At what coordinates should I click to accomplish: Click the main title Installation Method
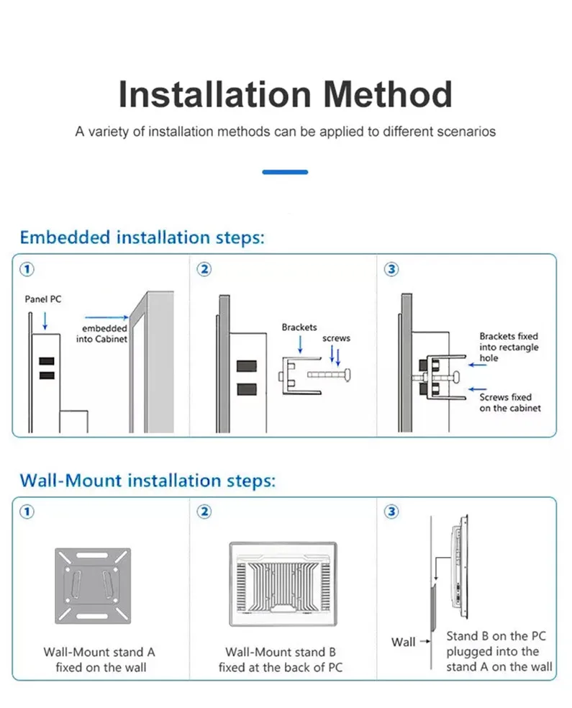pos(286,94)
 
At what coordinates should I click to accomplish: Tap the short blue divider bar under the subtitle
pos(285,172)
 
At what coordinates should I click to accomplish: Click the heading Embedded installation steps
pos(142,237)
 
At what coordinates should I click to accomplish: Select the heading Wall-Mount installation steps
pos(147,480)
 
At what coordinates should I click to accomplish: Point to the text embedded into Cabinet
pos(102,334)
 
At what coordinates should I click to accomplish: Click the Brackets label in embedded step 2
pos(299,327)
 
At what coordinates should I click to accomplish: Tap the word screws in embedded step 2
pos(336,337)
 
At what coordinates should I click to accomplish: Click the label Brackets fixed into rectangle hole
pos(509,347)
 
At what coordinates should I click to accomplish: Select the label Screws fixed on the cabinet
pos(509,402)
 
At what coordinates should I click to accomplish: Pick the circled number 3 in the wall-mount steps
pos(392,512)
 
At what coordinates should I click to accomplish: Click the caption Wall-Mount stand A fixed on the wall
pos(99,660)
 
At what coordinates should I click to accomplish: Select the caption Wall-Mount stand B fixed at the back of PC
pos(281,660)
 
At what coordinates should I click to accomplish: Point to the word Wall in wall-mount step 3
pos(404,642)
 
